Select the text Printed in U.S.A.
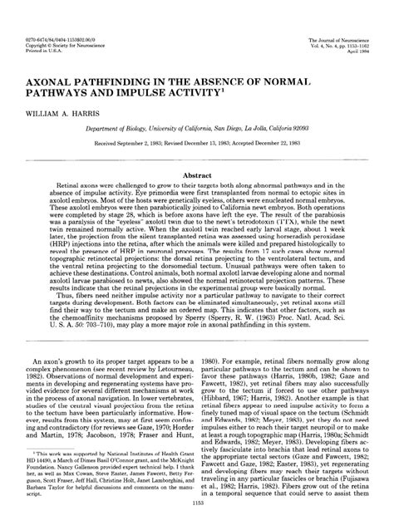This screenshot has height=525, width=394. pyautogui.click(x=49, y=27)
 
